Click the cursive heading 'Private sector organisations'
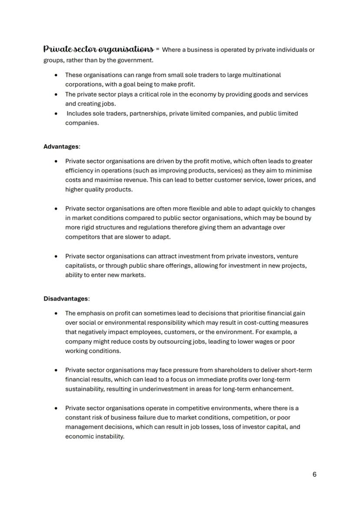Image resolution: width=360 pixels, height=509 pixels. (98, 49)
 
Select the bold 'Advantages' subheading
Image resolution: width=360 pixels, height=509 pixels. (61, 147)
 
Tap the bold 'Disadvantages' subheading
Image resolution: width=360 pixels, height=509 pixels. (66, 299)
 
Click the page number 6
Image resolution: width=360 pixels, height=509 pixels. (314, 474)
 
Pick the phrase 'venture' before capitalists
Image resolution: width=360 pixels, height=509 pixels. (287, 256)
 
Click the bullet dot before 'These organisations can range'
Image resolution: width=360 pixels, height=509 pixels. (56, 75)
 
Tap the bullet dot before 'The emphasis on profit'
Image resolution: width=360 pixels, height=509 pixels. (56, 313)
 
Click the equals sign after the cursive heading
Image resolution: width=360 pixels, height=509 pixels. (157, 50)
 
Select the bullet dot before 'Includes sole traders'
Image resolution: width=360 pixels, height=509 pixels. (56, 113)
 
